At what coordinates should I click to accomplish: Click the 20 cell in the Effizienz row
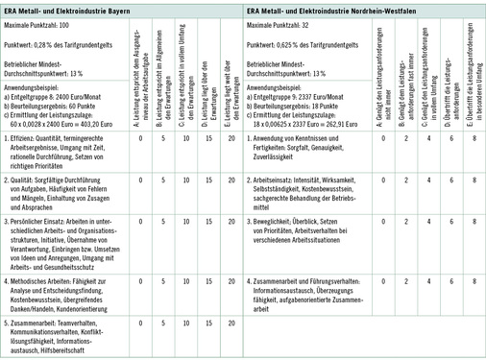tap(231, 137)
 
